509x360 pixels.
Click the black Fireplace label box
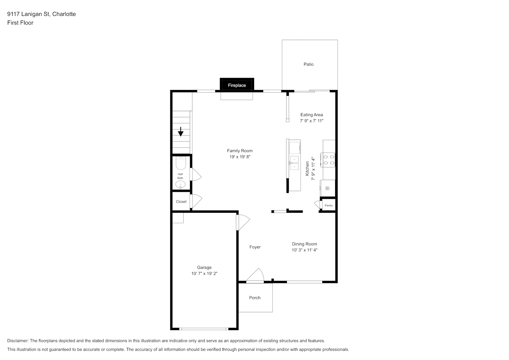pos(237,85)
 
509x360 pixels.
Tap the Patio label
pos(308,64)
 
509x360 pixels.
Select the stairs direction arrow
pos(181,132)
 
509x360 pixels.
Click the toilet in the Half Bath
pos(181,163)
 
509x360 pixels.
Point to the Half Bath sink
pos(180,184)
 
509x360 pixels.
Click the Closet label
pos(181,202)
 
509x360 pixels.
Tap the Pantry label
pos(329,206)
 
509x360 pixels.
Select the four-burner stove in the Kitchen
pos(328,160)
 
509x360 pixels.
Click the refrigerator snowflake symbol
pos(327,188)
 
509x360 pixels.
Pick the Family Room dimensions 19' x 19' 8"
pos(240,157)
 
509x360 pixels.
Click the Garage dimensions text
pos(204,274)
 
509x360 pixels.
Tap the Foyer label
pos(255,247)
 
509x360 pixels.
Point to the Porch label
pos(255,298)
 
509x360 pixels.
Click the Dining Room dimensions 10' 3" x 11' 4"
pos(305,250)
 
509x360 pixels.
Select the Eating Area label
pos(311,115)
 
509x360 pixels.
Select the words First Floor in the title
pos(20,23)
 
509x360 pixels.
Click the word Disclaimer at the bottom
pos(18,341)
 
